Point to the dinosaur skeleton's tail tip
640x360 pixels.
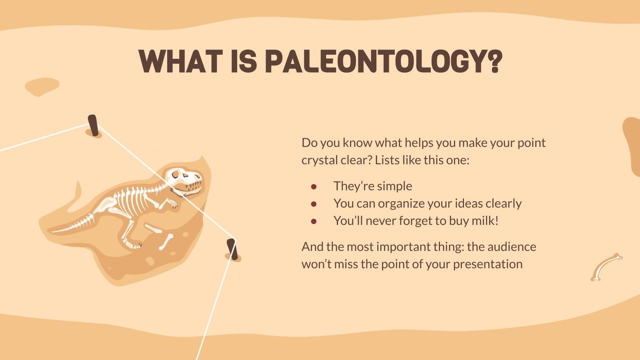pyautogui.click(x=54, y=231)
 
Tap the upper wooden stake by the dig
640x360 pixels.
pyautogui.click(x=93, y=125)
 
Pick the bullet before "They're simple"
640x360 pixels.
pyautogui.click(x=314, y=186)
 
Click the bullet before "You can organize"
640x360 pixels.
pyautogui.click(x=314, y=204)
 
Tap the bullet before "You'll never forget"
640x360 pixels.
pyautogui.click(x=314, y=221)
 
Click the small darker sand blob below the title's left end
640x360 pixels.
pyautogui.click(x=42, y=86)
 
